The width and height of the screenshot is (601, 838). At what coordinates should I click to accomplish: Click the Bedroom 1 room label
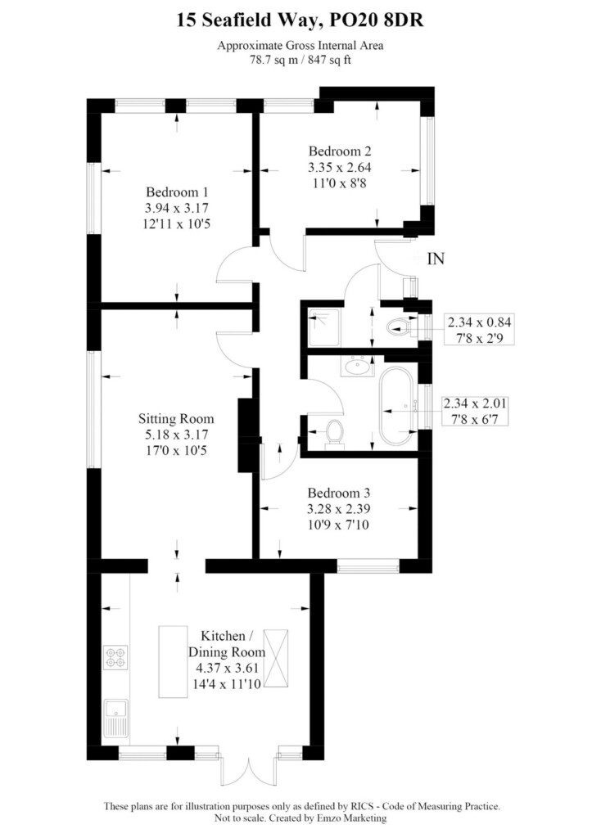[x=177, y=191]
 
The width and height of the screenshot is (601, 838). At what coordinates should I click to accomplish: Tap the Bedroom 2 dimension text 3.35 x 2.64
[x=340, y=167]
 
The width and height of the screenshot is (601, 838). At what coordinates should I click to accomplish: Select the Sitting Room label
[x=176, y=418]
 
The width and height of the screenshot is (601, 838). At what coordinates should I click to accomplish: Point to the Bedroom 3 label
[x=338, y=493]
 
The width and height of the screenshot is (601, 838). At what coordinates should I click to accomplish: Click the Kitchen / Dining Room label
[x=227, y=644]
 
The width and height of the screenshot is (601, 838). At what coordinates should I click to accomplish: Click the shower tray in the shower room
[x=323, y=328]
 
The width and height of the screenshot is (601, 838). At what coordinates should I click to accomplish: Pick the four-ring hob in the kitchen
[x=116, y=657]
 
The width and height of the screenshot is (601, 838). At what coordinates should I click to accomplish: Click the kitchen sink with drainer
[x=116, y=719]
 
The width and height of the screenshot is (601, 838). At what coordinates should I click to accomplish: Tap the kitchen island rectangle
[x=173, y=661]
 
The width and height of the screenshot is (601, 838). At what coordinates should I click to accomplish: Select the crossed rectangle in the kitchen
[x=276, y=659]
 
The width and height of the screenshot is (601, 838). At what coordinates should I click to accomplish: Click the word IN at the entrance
[x=436, y=259]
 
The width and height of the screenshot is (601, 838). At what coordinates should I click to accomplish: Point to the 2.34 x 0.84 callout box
[x=479, y=330]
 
